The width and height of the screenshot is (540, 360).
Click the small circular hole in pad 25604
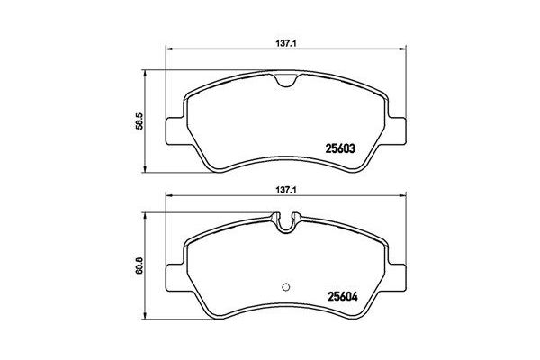pyautogui.click(x=285, y=288)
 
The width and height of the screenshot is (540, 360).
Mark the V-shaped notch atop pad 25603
pyautogui.click(x=285, y=84)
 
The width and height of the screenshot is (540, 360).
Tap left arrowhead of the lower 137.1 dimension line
pyautogui.click(x=166, y=199)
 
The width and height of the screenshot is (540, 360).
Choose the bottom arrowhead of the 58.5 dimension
pyautogui.click(x=148, y=171)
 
